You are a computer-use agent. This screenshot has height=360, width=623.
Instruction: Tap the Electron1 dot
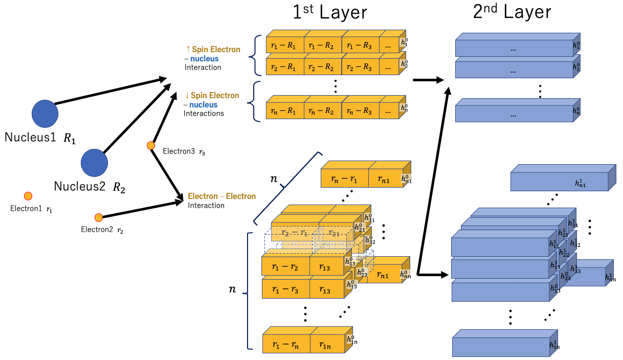click(x=28, y=196)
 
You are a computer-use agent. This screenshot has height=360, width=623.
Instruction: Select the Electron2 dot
click(x=99, y=217)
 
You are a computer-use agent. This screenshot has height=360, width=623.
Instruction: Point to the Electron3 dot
click(x=151, y=146)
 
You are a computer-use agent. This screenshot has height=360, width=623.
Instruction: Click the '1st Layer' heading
click(x=330, y=12)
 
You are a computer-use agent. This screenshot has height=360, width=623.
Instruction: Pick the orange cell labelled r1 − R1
click(x=285, y=46)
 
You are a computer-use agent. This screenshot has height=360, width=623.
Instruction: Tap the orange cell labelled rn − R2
click(x=322, y=111)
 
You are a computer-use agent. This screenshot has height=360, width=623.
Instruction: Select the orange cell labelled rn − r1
click(x=344, y=178)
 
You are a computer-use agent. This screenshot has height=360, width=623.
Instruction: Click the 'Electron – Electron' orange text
click(x=221, y=196)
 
